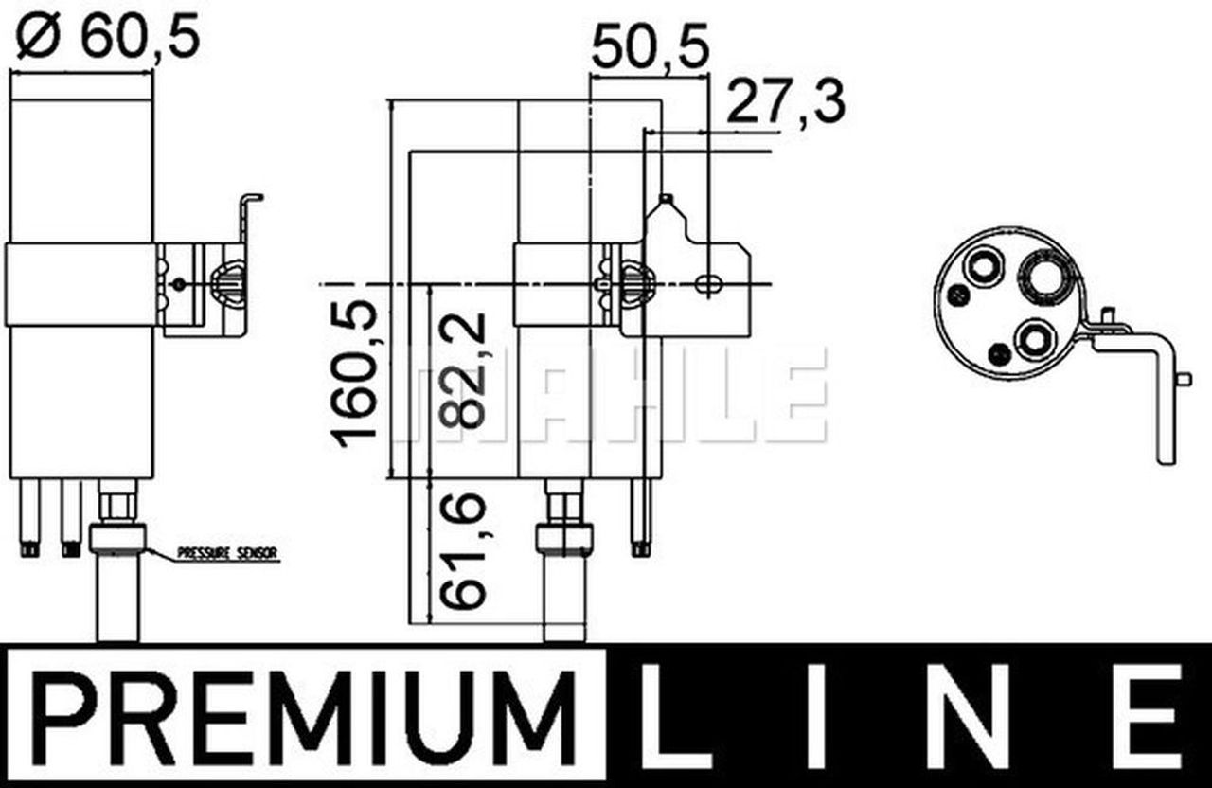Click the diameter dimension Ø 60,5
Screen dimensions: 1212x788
108,36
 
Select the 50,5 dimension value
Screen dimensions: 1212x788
650,47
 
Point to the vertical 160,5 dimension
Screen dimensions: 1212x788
355,373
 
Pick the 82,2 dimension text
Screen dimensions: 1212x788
463,370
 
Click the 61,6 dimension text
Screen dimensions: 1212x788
463,551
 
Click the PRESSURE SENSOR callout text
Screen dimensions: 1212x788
227,553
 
